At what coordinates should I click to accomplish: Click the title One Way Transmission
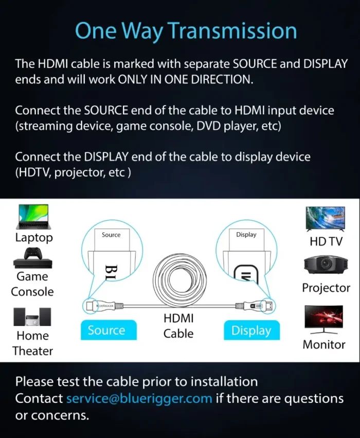click(186, 31)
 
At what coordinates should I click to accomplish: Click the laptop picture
click(33, 217)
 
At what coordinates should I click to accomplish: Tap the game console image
click(32, 258)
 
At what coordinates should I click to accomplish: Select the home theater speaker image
click(32, 317)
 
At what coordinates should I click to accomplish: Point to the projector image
click(326, 264)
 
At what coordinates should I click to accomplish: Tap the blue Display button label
click(251, 330)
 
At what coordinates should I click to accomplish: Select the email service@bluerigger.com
click(139, 398)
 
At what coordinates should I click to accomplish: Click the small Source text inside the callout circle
click(111, 235)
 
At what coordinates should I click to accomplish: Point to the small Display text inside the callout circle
click(246, 235)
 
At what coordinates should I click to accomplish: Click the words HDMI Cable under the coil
click(178, 326)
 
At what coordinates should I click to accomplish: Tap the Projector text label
click(326, 288)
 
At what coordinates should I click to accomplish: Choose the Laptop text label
click(34, 238)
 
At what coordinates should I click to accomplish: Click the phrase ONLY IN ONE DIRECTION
click(186, 80)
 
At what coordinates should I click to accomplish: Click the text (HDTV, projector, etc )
click(73, 172)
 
